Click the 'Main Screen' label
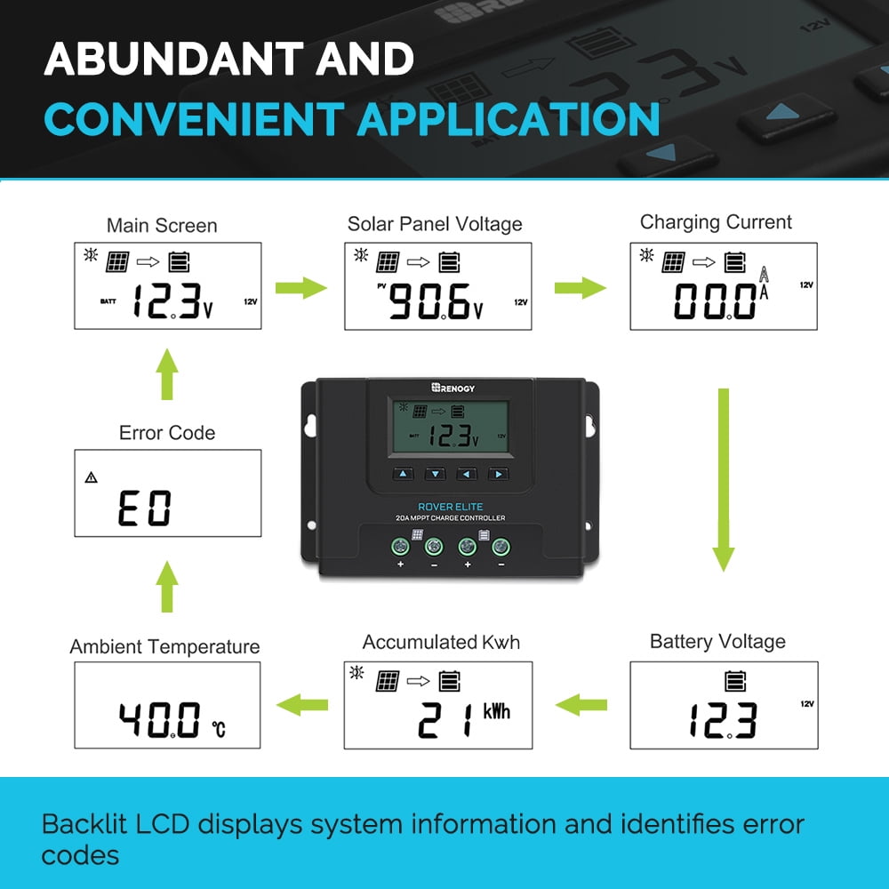pos(162,226)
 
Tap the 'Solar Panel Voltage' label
pos(435,225)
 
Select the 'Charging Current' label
pos(716,223)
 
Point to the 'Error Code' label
pos(167,433)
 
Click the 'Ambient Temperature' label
pos(164,647)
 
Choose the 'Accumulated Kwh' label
pos(441,643)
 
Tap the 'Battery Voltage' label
pos(717,642)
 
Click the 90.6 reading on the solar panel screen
pos(429,301)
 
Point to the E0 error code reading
pos(145,508)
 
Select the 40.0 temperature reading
pos(159,719)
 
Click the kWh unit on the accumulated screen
pos(497,711)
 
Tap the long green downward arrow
pos(724,480)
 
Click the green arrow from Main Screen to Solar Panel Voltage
pos(301,288)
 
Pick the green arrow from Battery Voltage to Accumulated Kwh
pos(581,705)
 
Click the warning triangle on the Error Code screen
pos(91,477)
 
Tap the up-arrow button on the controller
pos(403,474)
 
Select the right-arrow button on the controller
pos(499,474)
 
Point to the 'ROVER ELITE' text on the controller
pos(450,507)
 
